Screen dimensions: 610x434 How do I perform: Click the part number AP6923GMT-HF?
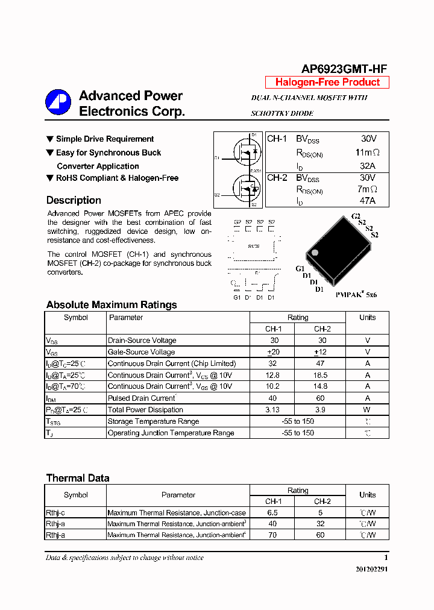[x=344, y=69]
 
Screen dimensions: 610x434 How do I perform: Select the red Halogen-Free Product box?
[x=327, y=83]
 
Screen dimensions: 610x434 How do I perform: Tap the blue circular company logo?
[x=58, y=102]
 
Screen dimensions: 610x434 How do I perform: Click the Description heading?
[x=74, y=200]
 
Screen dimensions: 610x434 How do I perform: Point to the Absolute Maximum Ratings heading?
[x=112, y=304]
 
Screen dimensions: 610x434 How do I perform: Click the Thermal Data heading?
[x=78, y=478]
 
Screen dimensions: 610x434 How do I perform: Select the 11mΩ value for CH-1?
[x=367, y=152]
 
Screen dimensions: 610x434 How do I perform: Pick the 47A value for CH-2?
[x=367, y=201]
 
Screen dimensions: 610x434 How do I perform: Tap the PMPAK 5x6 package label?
[x=356, y=295]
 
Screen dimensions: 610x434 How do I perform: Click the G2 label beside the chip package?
[x=356, y=216]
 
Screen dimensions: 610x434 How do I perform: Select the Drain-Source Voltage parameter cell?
[x=142, y=341]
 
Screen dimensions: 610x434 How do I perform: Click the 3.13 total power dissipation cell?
[x=273, y=410]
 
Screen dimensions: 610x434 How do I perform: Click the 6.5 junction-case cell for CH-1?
[x=273, y=512]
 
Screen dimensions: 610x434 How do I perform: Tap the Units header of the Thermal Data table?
[x=367, y=495]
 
